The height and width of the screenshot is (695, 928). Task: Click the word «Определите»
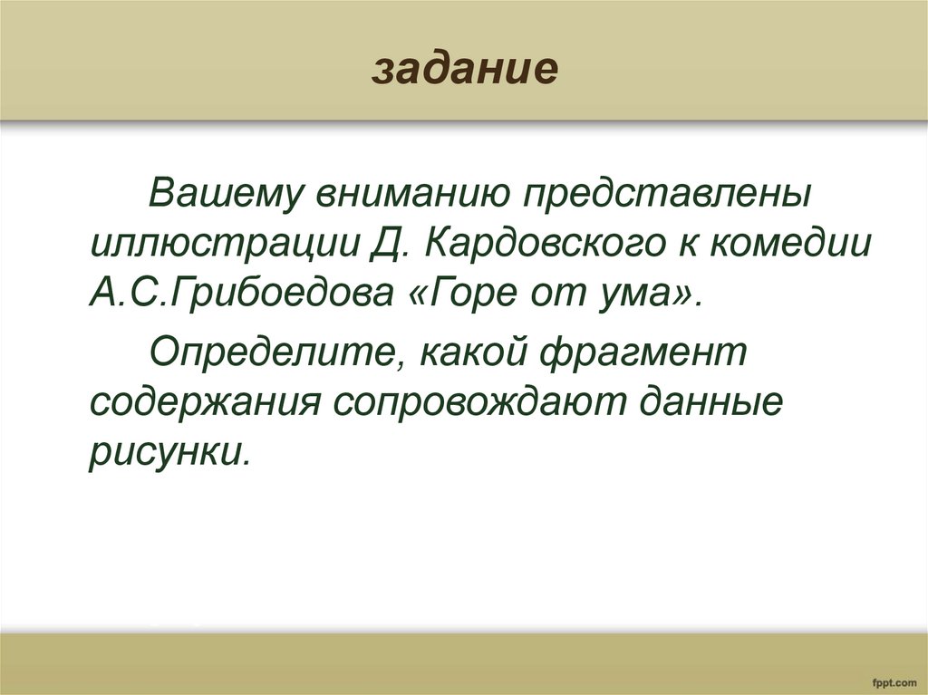266,348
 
